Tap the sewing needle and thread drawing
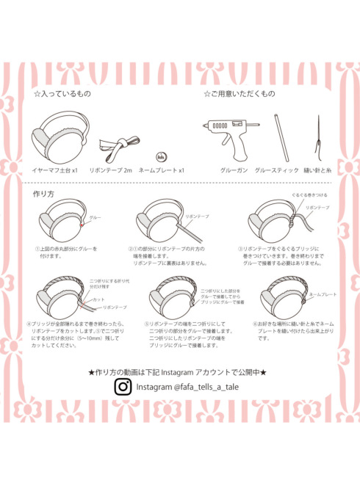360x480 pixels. click(318, 140)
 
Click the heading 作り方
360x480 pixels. click(43, 194)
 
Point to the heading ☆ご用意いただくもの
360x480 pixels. click(239, 95)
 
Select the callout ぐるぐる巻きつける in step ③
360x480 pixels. click(309, 196)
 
